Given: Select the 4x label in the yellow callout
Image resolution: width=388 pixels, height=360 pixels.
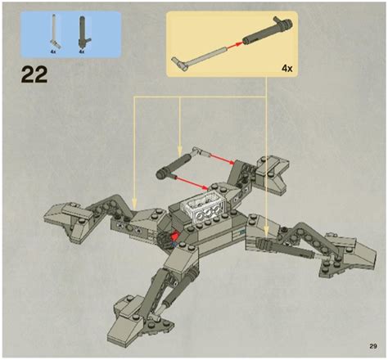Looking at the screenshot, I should pyautogui.click(x=287, y=69).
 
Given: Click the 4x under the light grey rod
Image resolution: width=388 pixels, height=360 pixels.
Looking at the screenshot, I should pyautogui.click(x=52, y=51).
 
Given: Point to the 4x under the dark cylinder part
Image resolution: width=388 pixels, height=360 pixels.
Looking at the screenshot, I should pyautogui.click(x=82, y=51).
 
